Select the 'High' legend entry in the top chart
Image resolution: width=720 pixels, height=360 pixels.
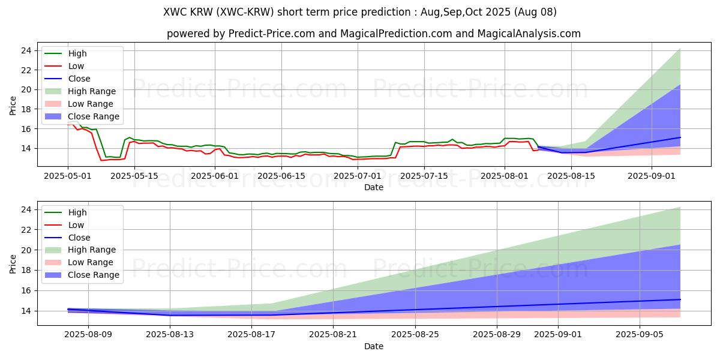click(77, 53)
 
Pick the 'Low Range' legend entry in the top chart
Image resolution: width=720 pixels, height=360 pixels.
click(90, 104)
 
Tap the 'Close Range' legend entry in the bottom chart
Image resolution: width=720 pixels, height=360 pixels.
click(94, 275)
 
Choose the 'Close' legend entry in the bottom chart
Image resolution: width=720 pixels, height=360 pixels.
click(79, 237)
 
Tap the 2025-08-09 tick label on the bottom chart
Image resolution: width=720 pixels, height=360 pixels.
click(88, 334)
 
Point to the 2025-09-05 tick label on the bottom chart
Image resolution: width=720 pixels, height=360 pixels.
click(640, 334)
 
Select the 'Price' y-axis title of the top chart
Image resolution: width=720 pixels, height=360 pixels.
click(13, 106)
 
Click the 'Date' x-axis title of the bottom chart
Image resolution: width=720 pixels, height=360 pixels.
click(373, 346)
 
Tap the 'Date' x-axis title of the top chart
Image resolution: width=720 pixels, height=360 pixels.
click(373, 187)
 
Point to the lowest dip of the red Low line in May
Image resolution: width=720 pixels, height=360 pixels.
click(101, 160)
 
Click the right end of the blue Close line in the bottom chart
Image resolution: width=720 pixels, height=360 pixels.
click(680, 299)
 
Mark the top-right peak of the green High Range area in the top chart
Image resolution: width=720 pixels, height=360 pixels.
click(680, 49)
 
